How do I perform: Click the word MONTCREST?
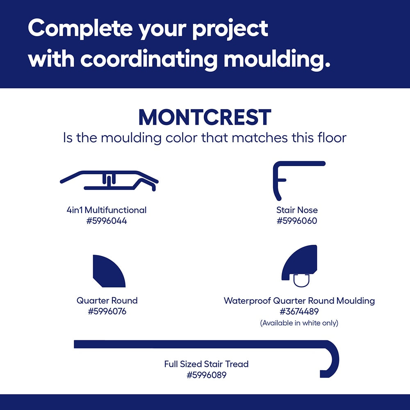pyautogui.click(x=205, y=117)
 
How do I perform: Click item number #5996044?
pyautogui.click(x=107, y=221)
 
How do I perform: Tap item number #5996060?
pyautogui.click(x=297, y=221)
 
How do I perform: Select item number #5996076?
pyautogui.click(x=107, y=312)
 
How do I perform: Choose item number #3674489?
pyautogui.click(x=299, y=312)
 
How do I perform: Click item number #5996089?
pyautogui.click(x=207, y=375)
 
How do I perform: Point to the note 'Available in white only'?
pyautogui.click(x=299, y=323)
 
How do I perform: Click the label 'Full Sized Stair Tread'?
pyautogui.click(x=206, y=364)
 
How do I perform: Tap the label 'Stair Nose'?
pyautogui.click(x=297, y=210)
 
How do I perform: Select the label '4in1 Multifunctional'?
pyautogui.click(x=107, y=210)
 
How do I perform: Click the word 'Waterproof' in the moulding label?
pyautogui.click(x=247, y=301)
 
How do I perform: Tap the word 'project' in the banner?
pyautogui.click(x=230, y=29)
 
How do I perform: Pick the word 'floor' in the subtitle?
pyautogui.click(x=332, y=137)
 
